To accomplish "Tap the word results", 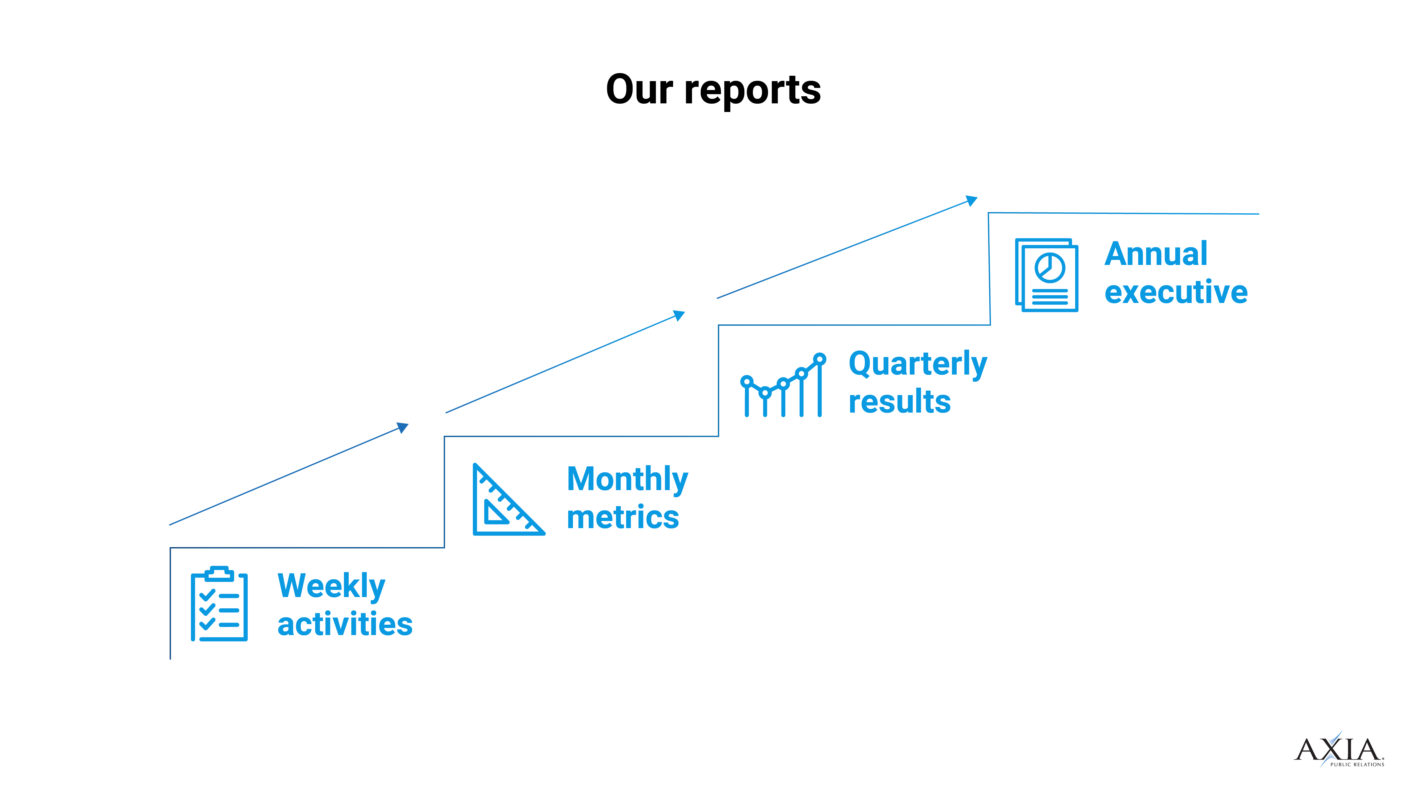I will pyautogui.click(x=900, y=402).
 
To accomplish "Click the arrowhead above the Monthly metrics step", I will pyautogui.click(x=680, y=315).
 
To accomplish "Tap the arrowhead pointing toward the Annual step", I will pyautogui.click(x=972, y=200).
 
